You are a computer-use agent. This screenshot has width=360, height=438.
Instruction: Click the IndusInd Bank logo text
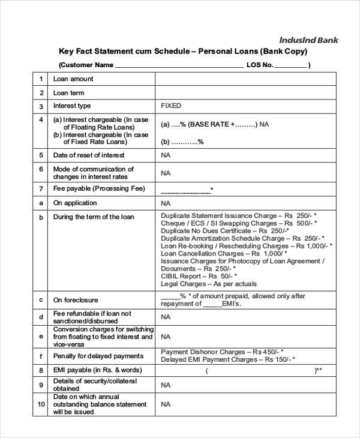[x=308, y=40]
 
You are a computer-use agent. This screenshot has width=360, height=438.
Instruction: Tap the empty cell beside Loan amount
[x=245, y=79]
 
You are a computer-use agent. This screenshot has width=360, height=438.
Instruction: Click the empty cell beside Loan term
[x=245, y=93]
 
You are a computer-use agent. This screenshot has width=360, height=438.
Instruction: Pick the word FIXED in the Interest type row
[x=171, y=106]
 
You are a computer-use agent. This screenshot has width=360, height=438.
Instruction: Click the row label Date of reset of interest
[x=89, y=155]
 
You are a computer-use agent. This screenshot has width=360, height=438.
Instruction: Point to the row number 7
[x=41, y=189]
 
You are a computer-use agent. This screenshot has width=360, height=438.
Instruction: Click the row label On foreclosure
[x=76, y=300]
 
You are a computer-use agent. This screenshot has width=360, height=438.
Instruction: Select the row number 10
[x=41, y=404]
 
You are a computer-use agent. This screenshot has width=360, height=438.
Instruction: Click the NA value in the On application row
[x=166, y=203]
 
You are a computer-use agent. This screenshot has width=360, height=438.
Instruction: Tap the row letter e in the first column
[x=41, y=337]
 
